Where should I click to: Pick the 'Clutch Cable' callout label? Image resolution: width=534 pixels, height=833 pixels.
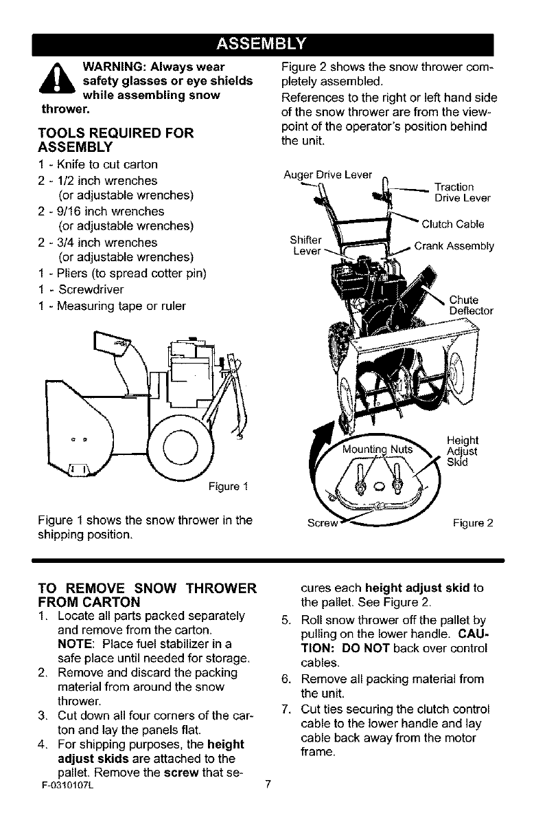pyautogui.click(x=454, y=223)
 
